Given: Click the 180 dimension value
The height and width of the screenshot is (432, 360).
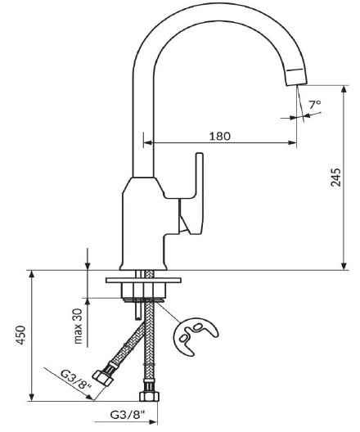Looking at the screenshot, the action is pos(219,136).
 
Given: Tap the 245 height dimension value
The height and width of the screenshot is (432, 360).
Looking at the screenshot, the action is pos(335,178).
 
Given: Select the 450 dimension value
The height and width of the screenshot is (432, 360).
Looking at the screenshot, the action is pos(20,335).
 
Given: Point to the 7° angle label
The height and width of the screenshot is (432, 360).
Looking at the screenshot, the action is pos(314,105).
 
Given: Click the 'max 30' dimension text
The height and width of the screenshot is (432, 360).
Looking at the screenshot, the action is pos(78,326).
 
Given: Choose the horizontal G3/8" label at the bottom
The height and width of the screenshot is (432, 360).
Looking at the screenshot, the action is pos(128,415).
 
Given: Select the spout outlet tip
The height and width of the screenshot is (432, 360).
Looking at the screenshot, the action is pos(296,77).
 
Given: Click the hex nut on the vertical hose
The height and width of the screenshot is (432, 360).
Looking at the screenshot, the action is pos(149,396).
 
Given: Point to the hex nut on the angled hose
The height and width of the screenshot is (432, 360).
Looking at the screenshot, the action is pos(103,378).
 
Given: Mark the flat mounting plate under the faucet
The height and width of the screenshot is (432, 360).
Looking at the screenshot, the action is pos(143,280).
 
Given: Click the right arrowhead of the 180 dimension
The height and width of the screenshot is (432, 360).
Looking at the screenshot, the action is pos(293,142).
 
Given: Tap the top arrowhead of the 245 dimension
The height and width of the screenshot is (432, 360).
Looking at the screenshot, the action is pos(344,90).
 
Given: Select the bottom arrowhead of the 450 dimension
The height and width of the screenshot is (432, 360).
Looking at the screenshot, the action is pos(32,397).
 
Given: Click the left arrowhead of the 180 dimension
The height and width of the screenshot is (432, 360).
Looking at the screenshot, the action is pos(148,142).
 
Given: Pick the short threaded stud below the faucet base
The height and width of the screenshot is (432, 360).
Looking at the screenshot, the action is pos(137,309).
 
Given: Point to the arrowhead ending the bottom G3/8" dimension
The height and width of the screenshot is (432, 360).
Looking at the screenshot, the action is pos(153,422).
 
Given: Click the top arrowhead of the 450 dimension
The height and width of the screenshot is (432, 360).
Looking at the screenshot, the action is pos(32,275).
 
